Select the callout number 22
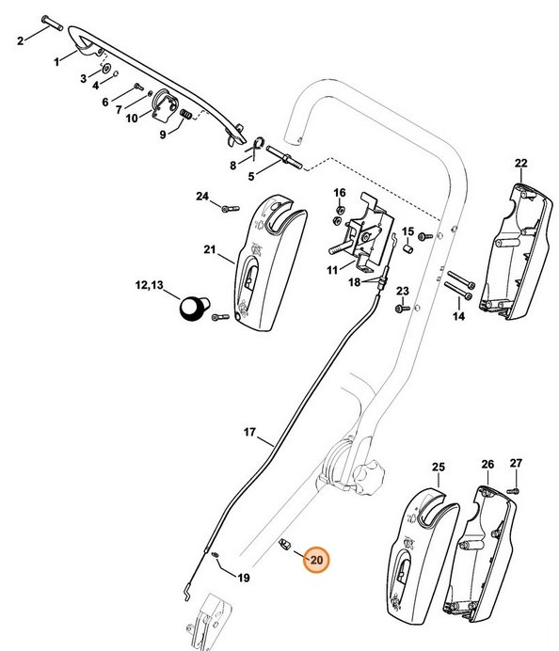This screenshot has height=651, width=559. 521,164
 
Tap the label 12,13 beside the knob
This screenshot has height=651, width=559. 149,285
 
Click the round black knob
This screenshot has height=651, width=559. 194,308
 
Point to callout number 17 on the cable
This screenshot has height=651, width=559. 250,433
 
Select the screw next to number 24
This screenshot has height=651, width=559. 226,208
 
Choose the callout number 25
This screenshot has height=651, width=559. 438,466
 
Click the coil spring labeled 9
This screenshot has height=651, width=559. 186,114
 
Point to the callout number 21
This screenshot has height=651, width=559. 210,251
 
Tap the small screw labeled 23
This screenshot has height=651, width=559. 404,308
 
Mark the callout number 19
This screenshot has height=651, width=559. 243,578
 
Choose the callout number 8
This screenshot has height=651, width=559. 232,166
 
